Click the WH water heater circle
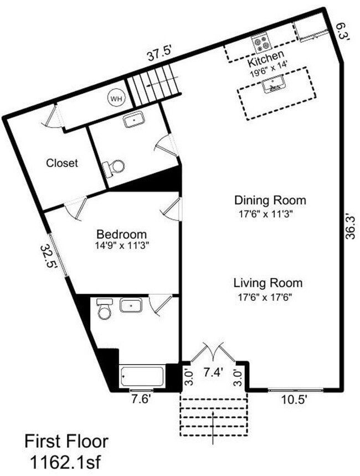(116, 98)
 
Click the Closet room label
(62, 163)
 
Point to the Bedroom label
(121, 234)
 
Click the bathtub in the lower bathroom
(142, 377)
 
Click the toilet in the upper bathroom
(115, 166)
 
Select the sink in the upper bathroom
(133, 119)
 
